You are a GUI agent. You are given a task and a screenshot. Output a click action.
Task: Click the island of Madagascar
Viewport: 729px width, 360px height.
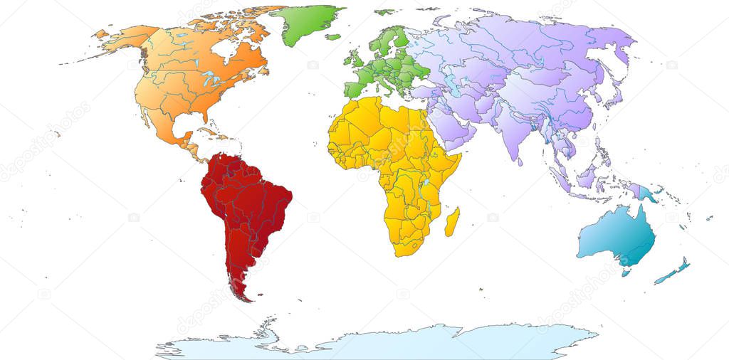[x=451, y=222]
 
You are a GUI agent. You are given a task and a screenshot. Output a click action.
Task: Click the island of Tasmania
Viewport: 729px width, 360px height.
[x=626, y=271]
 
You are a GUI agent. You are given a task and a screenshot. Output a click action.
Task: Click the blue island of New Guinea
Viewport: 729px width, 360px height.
[x=648, y=192]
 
